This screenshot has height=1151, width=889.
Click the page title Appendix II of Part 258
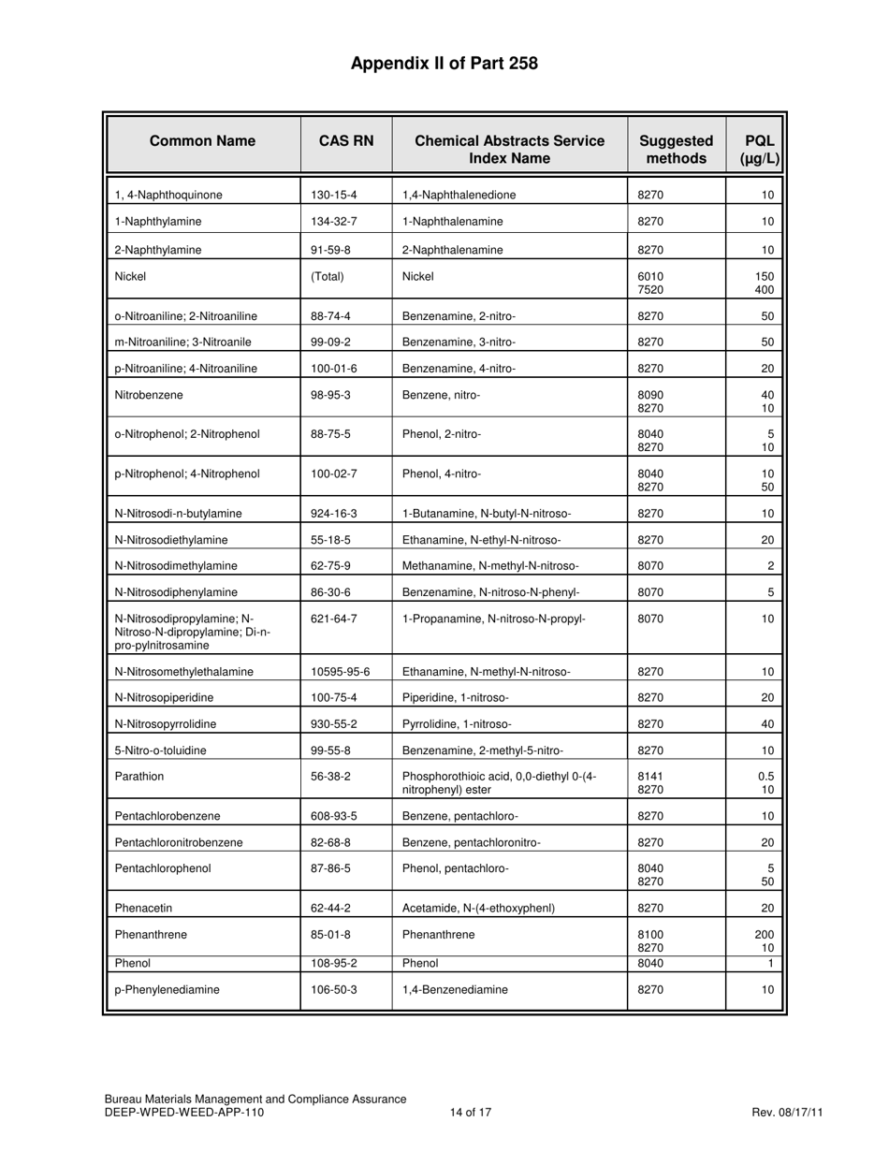[x=444, y=64]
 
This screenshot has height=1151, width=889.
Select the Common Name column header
[x=203, y=141]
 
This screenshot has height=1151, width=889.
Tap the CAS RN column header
[x=346, y=141]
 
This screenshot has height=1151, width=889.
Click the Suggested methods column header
[x=676, y=150]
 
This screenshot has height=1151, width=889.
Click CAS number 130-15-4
[x=334, y=196]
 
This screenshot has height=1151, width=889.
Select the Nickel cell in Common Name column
[x=130, y=276]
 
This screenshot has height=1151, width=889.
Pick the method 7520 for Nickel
[x=650, y=290]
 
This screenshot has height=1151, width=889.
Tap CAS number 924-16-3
[x=334, y=514]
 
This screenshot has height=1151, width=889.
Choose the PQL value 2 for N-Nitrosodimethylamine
[x=770, y=566]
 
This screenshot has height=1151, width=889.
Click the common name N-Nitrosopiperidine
[x=164, y=698]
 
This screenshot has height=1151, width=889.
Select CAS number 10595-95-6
[x=341, y=672]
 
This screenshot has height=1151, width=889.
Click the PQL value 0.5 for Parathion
[x=765, y=776]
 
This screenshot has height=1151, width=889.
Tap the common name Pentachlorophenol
[x=163, y=868]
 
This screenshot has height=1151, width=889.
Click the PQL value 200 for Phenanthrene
[x=764, y=934]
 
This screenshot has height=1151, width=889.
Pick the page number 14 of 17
[x=471, y=1113]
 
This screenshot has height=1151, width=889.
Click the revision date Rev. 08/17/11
[x=787, y=1113]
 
